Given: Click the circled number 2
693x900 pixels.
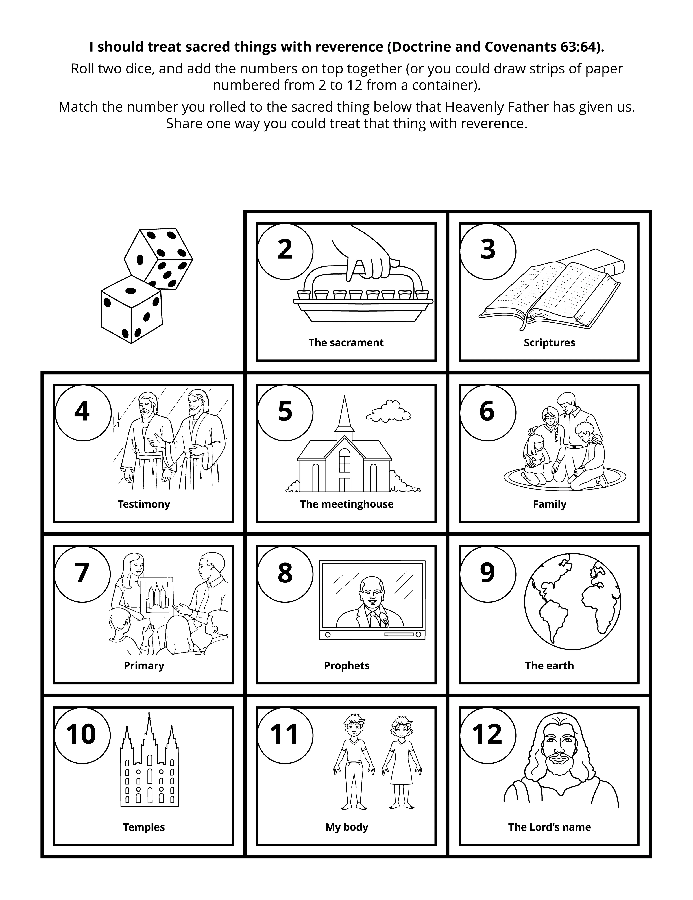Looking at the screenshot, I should coord(285,250).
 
